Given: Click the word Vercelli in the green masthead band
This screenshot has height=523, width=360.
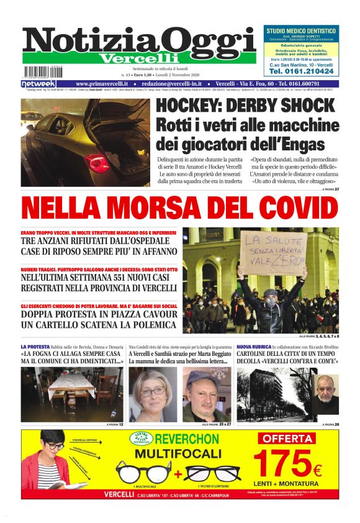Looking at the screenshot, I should pyautogui.click(x=140, y=58).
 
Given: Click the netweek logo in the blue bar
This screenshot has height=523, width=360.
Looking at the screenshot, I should pyautogui.click(x=38, y=83).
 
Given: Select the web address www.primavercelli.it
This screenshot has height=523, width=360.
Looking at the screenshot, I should pyautogui.click(x=102, y=83).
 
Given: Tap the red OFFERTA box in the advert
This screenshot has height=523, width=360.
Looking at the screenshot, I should pyautogui.click(x=294, y=438).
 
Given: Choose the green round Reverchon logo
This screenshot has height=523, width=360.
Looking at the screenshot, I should pyautogui.click(x=142, y=439).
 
